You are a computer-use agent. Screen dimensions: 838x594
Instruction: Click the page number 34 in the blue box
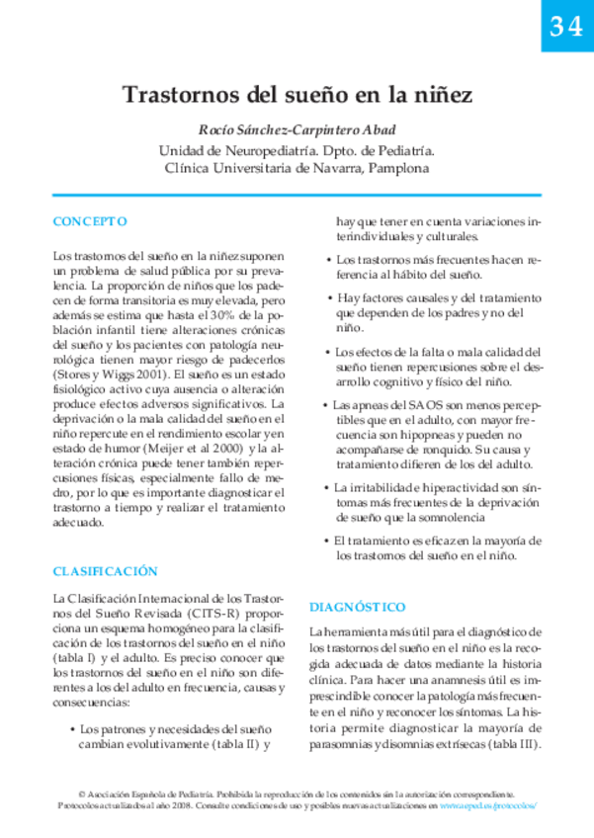pos(566,29)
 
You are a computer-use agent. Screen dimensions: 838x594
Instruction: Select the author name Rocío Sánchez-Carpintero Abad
pos(297,131)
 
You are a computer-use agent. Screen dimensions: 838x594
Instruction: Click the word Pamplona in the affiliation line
pos(399,168)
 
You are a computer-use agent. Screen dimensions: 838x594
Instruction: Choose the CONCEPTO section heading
pos(90,220)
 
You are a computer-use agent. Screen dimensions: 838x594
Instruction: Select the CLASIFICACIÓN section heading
pos(105,570)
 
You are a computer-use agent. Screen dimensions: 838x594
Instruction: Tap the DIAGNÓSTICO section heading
pos(358,606)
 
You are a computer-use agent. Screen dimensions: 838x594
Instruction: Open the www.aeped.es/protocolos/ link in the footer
pos(489,806)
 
